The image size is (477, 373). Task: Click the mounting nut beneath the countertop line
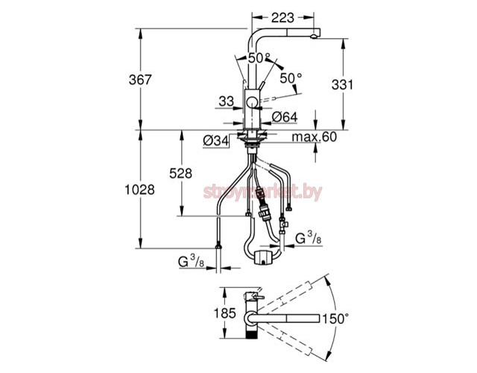pos(251,137)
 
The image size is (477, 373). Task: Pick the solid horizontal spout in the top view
pos(287,319)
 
